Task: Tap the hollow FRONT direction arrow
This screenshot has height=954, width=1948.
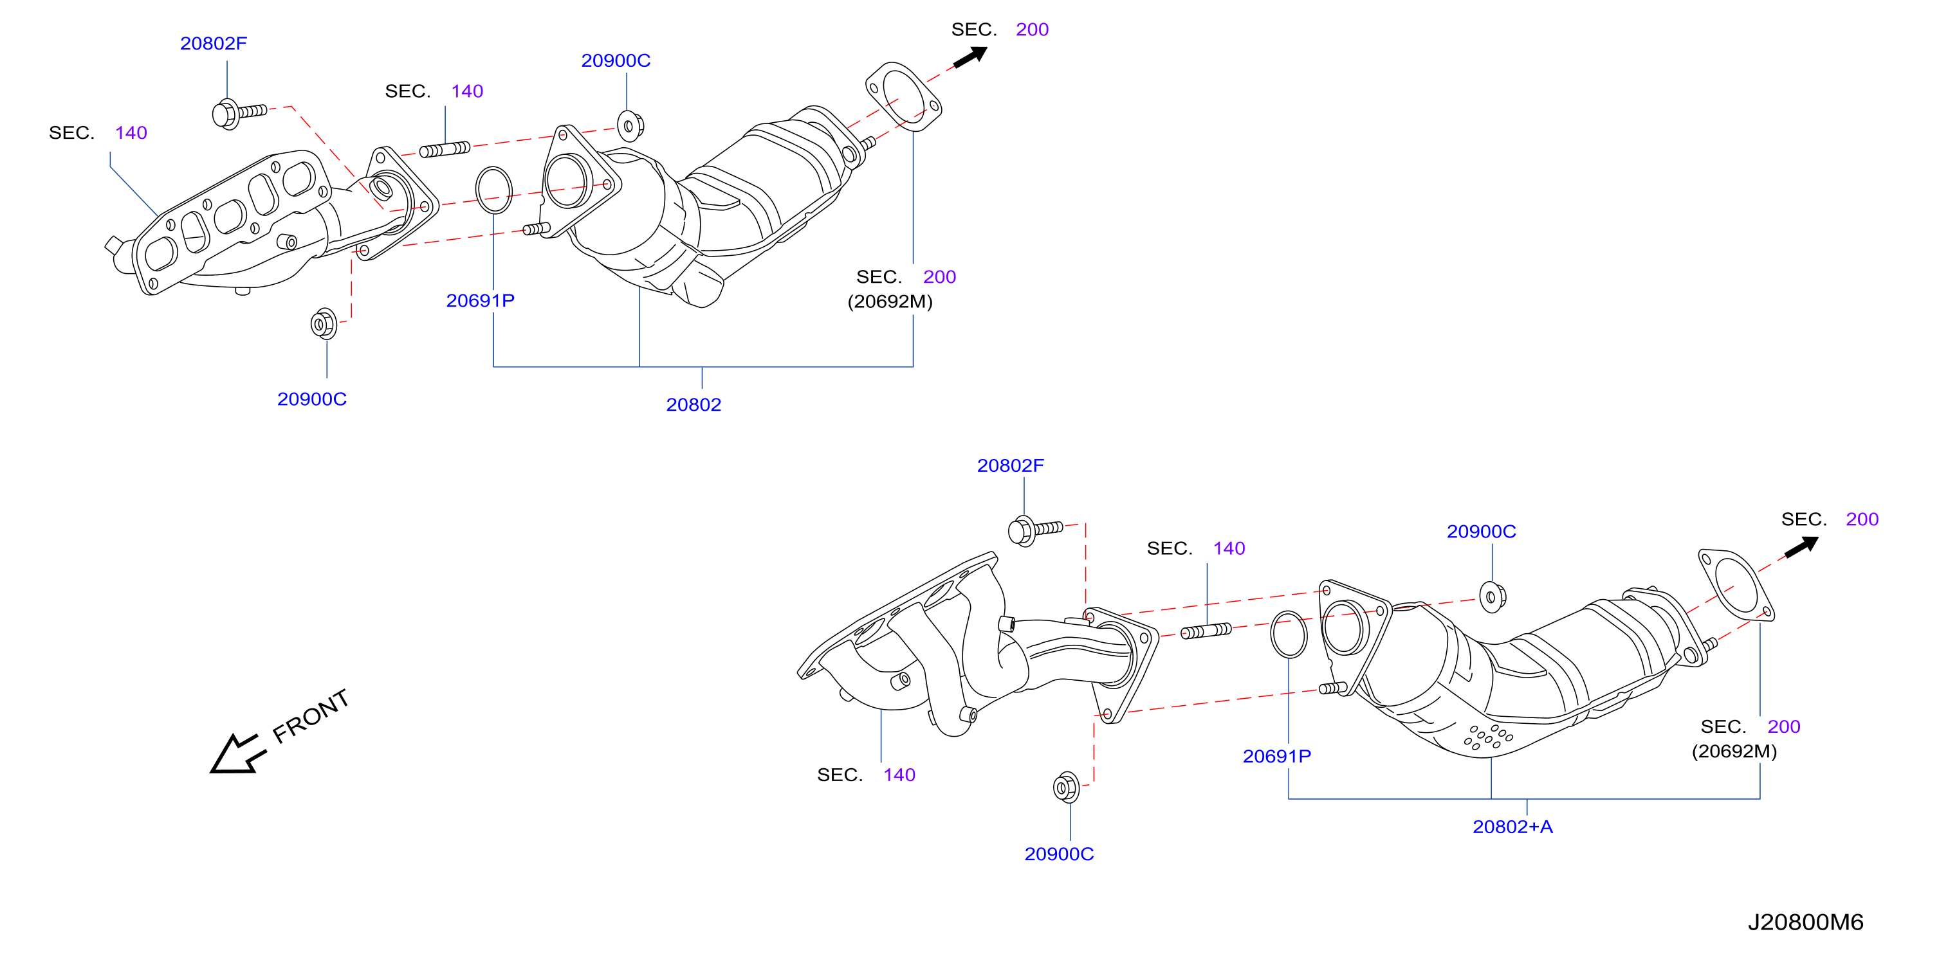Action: [237, 753]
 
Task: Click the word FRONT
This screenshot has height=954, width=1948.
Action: [311, 716]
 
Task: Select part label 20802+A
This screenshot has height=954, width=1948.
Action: [1512, 826]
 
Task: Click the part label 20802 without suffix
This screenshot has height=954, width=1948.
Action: [694, 404]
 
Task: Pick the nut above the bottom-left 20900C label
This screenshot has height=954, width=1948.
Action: [324, 323]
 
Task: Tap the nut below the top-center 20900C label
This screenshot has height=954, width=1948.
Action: [630, 125]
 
